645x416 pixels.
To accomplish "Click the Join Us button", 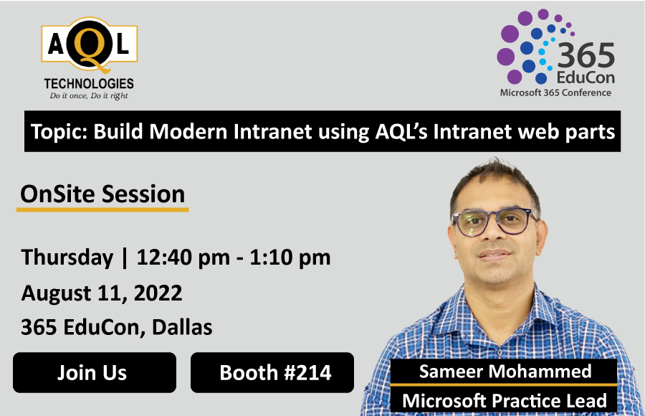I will coord(92,372).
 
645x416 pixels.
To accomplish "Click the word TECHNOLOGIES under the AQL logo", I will coord(89,84).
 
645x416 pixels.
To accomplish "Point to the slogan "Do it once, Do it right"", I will coord(89,95).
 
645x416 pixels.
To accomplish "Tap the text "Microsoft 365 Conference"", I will coord(555,93).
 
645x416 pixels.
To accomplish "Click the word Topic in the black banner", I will coord(57,133).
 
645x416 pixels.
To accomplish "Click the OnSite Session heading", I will coord(102,194).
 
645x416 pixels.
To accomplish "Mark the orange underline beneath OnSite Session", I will coord(102,209).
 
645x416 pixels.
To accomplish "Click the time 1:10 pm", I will coord(291,257).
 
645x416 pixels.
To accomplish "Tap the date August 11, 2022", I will coord(102,293).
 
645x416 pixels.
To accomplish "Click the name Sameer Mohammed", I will coord(505,371).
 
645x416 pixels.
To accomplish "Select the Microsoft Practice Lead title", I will coord(505,400).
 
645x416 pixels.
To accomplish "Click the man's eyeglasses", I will coord(493,223).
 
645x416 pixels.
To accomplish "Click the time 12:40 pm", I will coord(176,257).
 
